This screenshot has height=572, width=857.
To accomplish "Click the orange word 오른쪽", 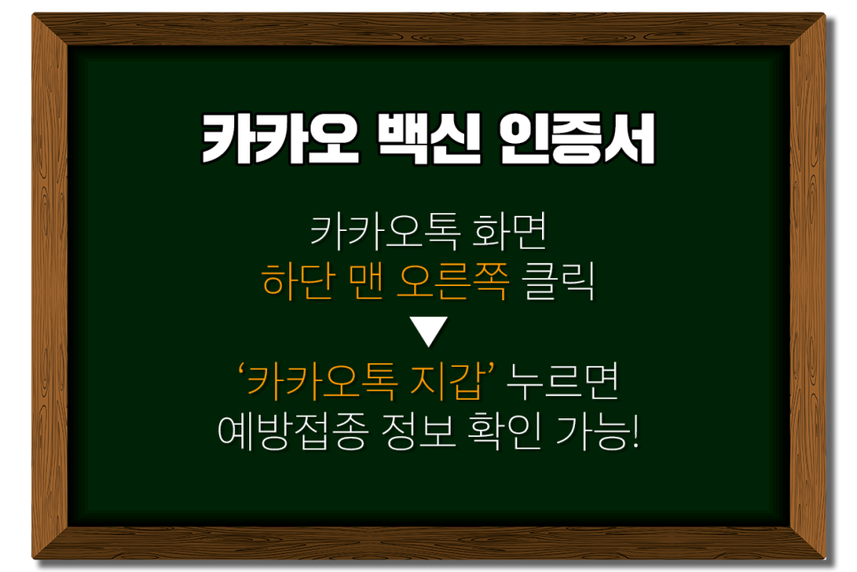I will coord(454,284).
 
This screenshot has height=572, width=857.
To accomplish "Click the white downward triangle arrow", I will coord(428,334).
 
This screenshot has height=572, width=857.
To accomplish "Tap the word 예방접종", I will coord(282,433).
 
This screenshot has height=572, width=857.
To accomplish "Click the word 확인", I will coord(501,433).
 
